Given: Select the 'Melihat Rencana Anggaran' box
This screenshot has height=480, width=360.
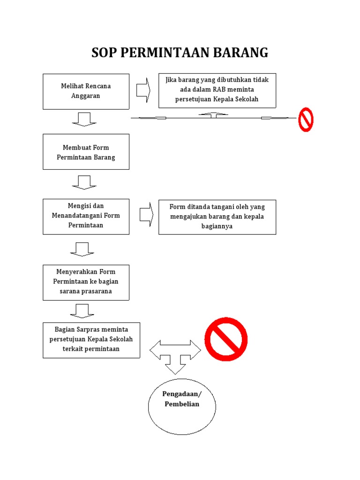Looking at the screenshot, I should pyautogui.click(x=86, y=91).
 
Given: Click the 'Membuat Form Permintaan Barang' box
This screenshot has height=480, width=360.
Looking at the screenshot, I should pyautogui.click(x=86, y=152).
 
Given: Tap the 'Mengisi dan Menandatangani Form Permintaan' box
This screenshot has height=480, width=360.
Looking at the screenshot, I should pyautogui.click(x=86, y=216).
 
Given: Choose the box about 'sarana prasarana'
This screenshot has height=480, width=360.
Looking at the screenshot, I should pyautogui.click(x=86, y=282).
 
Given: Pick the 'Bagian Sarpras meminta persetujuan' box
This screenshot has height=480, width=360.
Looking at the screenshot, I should pyautogui.click(x=91, y=340).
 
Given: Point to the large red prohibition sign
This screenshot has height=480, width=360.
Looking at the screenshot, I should pyautogui.click(x=226, y=339).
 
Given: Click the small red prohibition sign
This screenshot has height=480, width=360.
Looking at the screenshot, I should pyautogui.click(x=306, y=119).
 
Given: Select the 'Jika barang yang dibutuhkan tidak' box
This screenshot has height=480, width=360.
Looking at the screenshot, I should pyautogui.click(x=217, y=90).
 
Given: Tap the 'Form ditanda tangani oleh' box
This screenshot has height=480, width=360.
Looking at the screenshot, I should pyautogui.click(x=217, y=217).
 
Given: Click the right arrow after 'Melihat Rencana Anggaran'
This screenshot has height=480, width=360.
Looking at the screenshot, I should pyautogui.click(x=143, y=90).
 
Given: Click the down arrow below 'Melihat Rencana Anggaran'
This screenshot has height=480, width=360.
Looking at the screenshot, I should pyautogui.click(x=84, y=119).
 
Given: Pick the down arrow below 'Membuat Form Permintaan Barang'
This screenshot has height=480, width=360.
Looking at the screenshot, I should pyautogui.click(x=84, y=182).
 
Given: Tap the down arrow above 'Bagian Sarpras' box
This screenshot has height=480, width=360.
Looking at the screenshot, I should pyautogui.click(x=82, y=310).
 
